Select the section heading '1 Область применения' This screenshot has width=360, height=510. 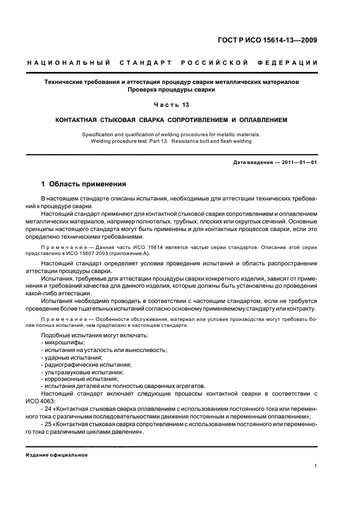coord(84,184)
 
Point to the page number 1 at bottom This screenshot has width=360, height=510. coord(316,466)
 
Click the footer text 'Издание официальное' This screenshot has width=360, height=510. coord(57,454)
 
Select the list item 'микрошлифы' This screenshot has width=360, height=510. coord(60,342)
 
